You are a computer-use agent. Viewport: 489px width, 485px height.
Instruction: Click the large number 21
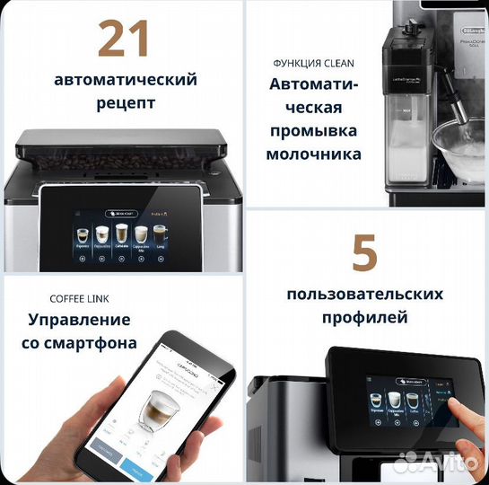[x=123, y=39]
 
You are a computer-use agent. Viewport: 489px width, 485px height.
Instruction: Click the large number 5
[x=364, y=253]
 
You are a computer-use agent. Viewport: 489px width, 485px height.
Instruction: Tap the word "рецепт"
[x=126, y=102]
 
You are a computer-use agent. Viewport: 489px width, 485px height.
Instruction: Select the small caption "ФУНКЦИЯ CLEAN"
[x=313, y=64]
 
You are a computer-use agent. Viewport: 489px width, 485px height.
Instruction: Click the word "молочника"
[x=313, y=154]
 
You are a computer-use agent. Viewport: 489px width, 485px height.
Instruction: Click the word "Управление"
[x=79, y=320]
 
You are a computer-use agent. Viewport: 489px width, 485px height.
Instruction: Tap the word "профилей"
[x=364, y=317]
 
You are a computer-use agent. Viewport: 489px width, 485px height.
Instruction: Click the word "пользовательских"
[x=364, y=295]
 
